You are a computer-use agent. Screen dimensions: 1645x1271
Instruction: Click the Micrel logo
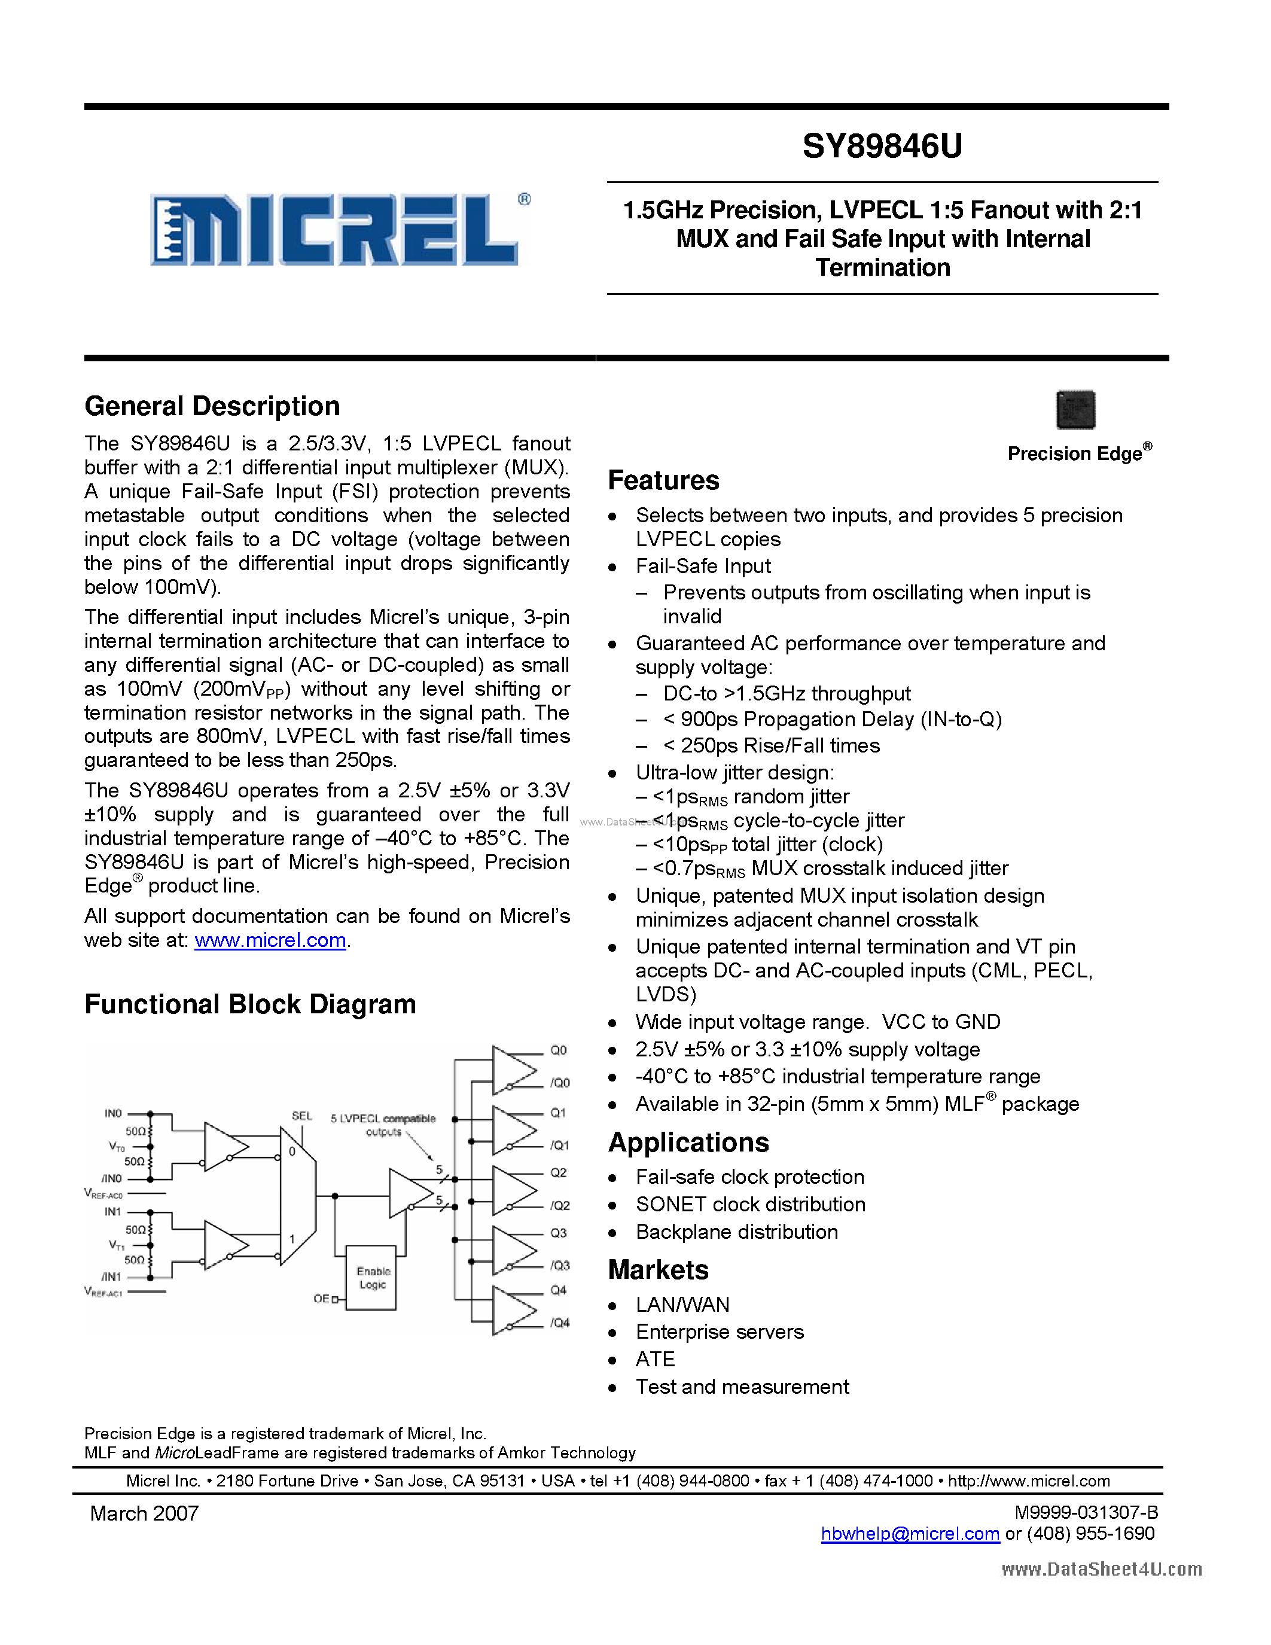pos(339,230)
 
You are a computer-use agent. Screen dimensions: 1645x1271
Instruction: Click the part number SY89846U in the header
pos(882,146)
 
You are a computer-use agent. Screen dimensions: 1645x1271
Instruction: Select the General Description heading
pos(212,406)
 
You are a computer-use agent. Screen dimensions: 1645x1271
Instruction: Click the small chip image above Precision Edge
pos(1075,410)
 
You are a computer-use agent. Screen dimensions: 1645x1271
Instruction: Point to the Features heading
pos(663,480)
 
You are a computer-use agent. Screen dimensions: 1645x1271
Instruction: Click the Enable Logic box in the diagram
pos(372,1278)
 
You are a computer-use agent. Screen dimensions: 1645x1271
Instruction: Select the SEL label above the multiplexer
pos(302,1116)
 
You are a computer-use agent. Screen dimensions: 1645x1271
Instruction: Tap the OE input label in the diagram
pos(322,1299)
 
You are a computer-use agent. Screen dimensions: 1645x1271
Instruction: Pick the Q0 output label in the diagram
pos(559,1050)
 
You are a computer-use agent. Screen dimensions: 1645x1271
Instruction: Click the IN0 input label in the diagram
pos(113,1113)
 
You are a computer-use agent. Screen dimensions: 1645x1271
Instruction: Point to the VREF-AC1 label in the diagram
pos(103,1293)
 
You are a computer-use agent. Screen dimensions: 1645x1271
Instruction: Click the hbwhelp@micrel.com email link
pos(910,1534)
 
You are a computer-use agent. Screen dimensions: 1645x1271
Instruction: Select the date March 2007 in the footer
pos(145,1513)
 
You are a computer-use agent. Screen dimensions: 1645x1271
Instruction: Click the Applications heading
pos(688,1143)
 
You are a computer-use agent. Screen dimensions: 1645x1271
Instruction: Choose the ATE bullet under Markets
pos(655,1359)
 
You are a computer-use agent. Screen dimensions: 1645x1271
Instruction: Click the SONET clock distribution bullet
pos(750,1204)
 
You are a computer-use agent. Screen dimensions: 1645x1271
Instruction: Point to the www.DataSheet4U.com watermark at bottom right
pos(1102,1569)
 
